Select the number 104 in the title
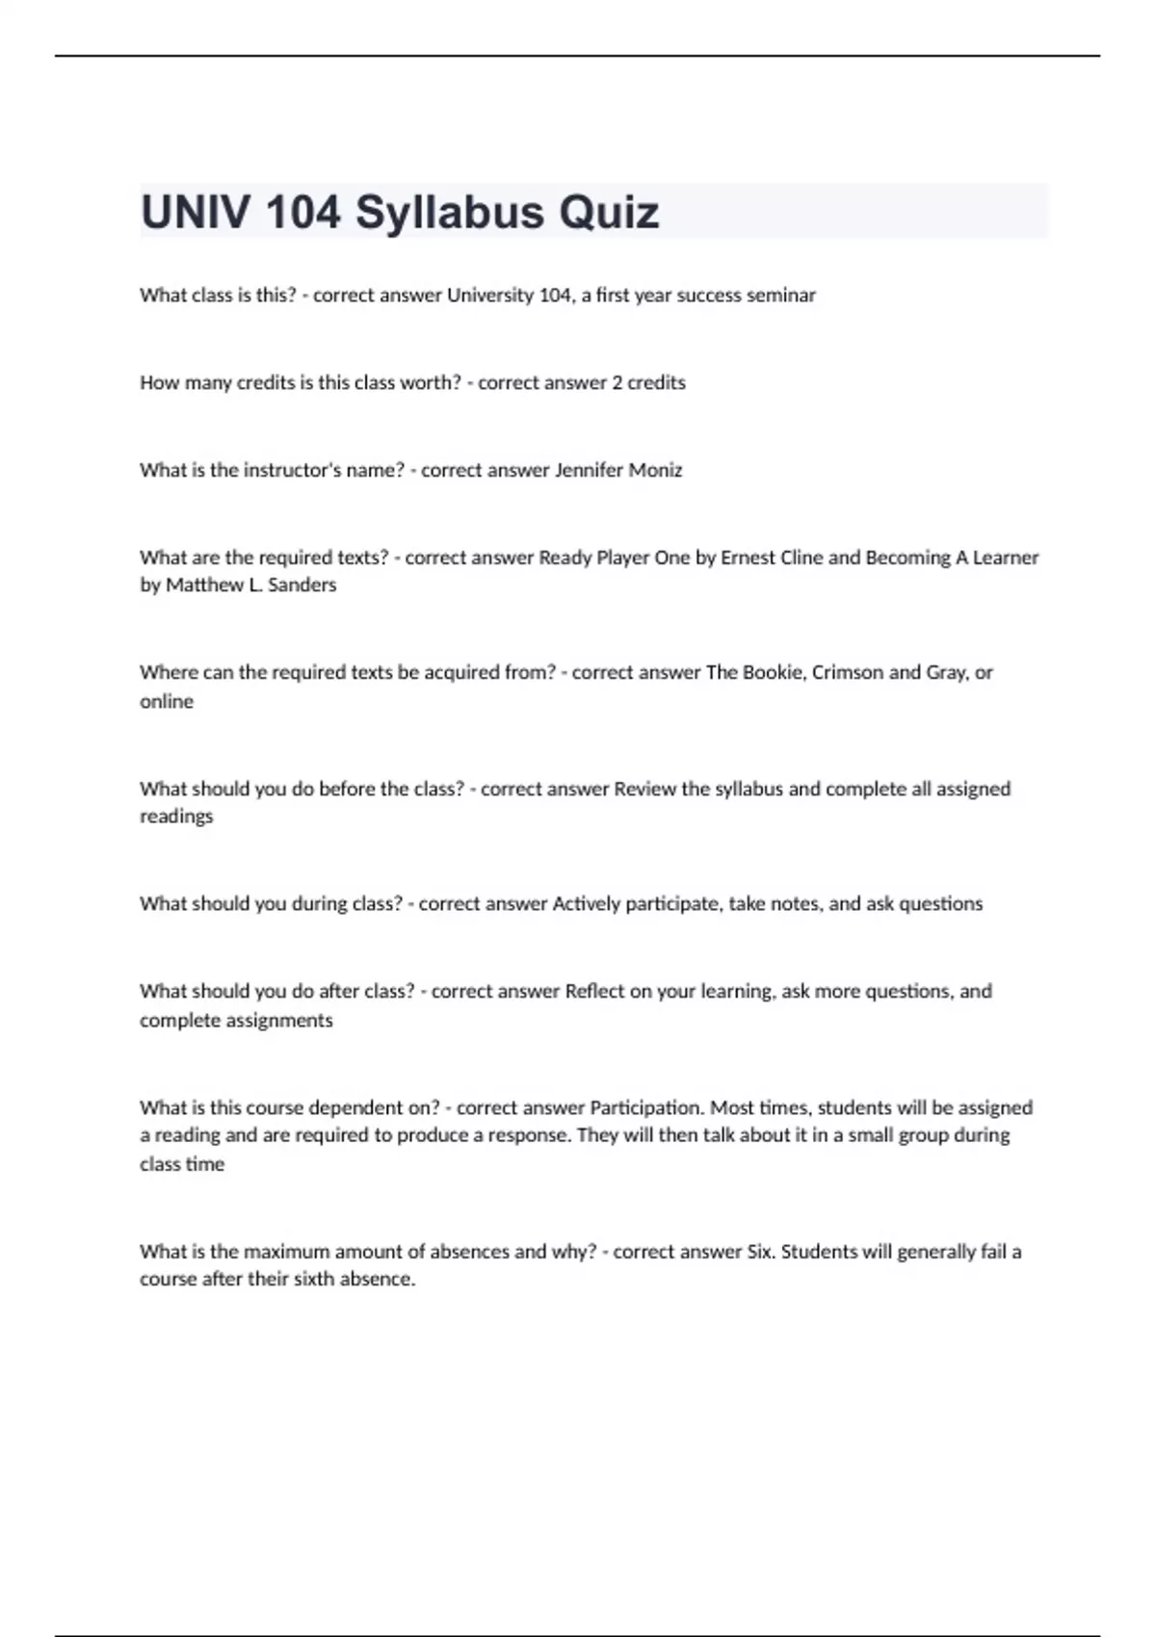click(x=302, y=213)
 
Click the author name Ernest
click(x=748, y=558)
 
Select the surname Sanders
click(x=302, y=585)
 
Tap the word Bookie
click(x=773, y=672)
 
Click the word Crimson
click(x=848, y=672)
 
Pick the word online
click(x=167, y=702)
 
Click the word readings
click(x=176, y=817)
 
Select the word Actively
click(x=586, y=904)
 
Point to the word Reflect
click(x=594, y=992)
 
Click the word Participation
click(x=645, y=1108)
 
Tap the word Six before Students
click(x=760, y=1252)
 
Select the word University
click(x=490, y=296)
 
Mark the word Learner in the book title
click(x=1006, y=558)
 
